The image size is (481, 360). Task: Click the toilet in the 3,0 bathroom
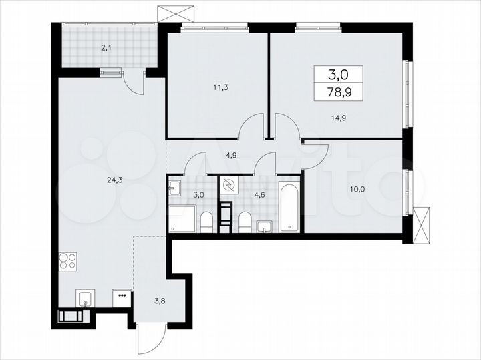click(207, 221)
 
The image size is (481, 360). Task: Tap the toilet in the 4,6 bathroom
click(245, 222)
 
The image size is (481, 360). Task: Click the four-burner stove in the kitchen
click(68, 260)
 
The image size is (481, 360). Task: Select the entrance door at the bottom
click(148, 341)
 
